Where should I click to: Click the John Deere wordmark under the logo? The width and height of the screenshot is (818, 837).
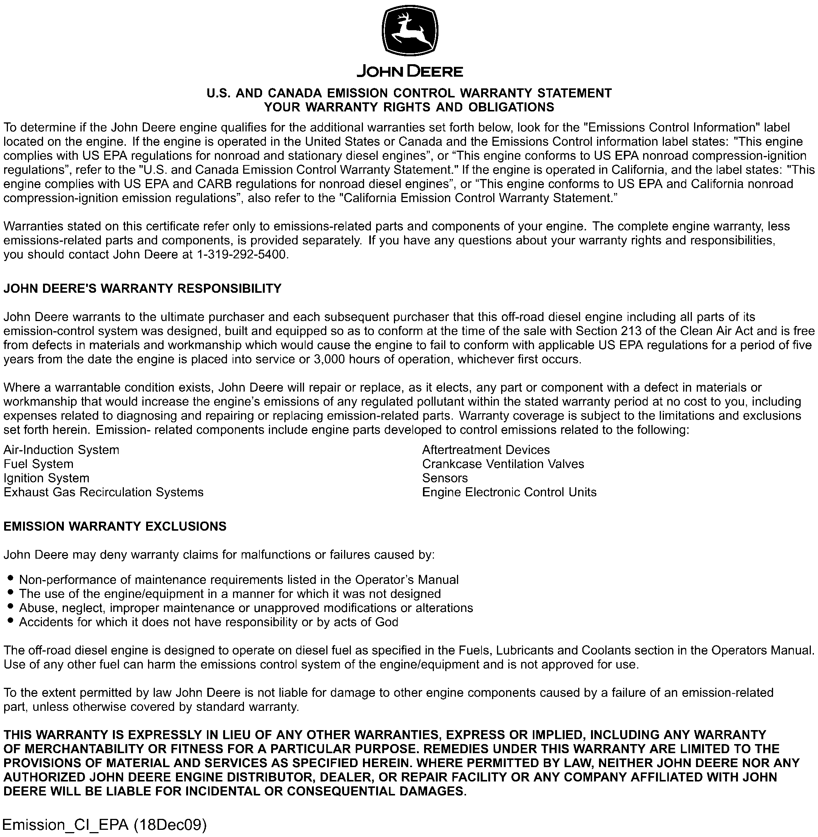point(410,71)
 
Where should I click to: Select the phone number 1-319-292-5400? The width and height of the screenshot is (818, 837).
point(241,255)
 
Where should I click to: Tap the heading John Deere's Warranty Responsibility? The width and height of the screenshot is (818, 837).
point(142,288)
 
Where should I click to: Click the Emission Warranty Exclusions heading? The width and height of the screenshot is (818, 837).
point(115,527)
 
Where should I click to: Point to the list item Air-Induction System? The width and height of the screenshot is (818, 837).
point(62,450)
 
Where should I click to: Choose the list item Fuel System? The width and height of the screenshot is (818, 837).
point(39,464)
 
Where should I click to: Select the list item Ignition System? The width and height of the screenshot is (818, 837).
point(46,478)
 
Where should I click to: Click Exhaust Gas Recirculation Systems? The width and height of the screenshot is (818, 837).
point(103,493)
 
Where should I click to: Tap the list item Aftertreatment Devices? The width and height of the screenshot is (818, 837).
point(485,450)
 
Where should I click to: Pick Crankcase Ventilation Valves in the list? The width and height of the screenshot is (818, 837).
point(503,464)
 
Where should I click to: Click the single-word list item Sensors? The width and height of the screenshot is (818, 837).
point(444,478)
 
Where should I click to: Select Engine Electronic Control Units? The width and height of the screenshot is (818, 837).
point(509,493)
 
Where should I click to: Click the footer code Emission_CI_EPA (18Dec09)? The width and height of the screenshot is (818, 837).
point(104,825)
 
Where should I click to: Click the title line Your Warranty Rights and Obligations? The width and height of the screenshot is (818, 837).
point(409,107)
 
